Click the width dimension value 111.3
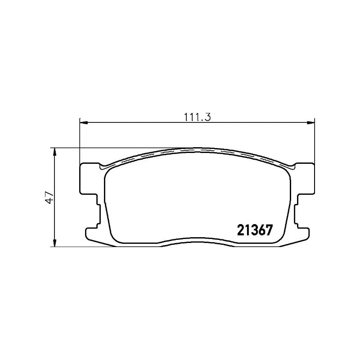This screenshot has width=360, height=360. pyautogui.click(x=198, y=117)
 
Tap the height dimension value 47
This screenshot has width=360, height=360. pyautogui.click(x=50, y=198)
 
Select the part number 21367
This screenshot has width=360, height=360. pyautogui.click(x=255, y=230)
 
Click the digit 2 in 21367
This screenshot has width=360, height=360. pyautogui.click(x=241, y=230)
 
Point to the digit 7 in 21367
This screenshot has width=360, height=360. pyautogui.click(x=269, y=230)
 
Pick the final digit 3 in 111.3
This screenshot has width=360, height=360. pyautogui.click(x=207, y=117)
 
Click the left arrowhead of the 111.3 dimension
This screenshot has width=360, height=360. pyautogui.click(x=84, y=123)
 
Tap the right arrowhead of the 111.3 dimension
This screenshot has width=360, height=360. pyautogui.click(x=311, y=123)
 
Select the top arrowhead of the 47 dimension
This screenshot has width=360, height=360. pyautogui.click(x=54, y=152)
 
